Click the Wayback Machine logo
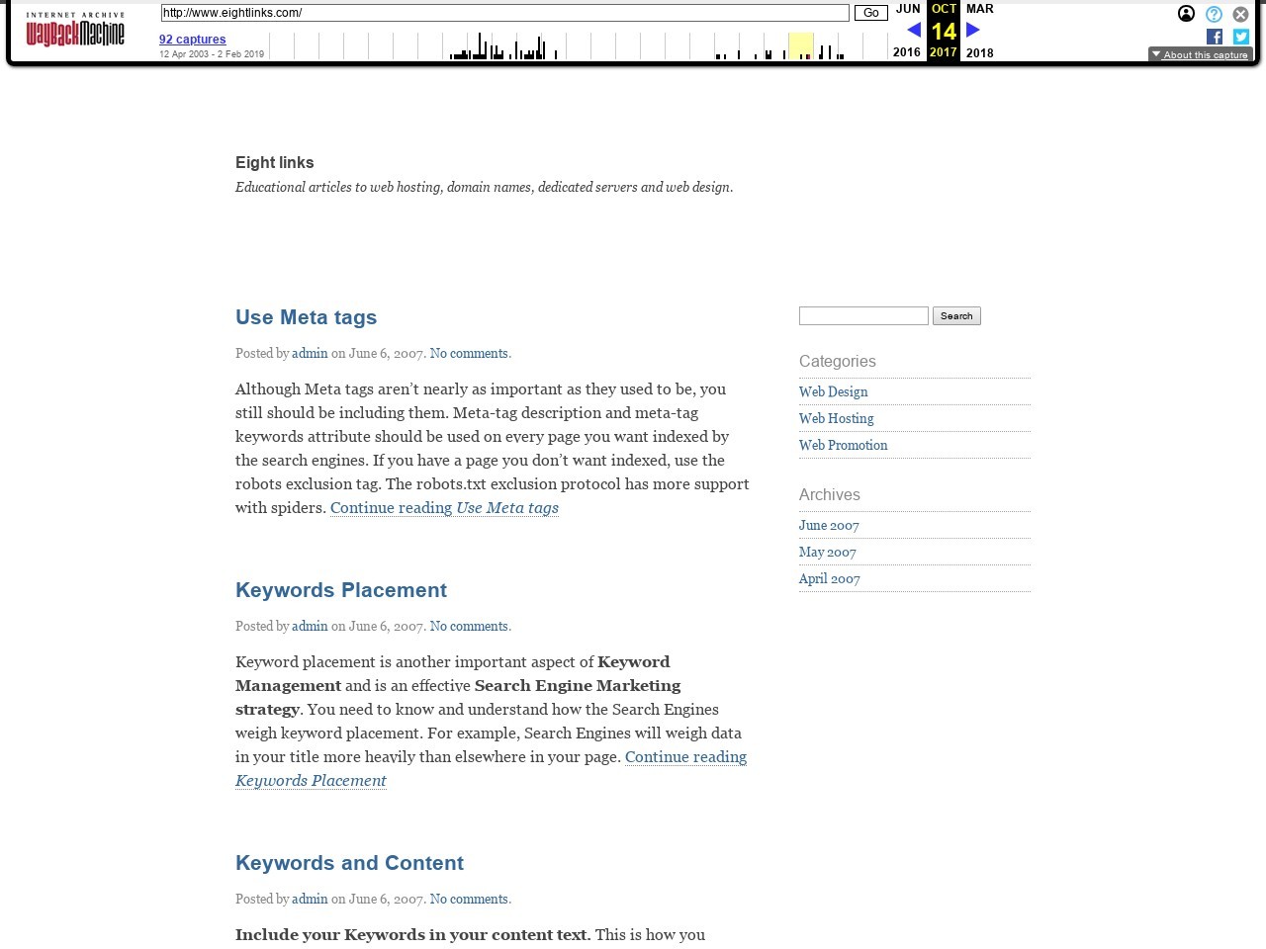coord(75,31)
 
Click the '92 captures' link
coord(192,40)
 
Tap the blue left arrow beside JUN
coord(914,31)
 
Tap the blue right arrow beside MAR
coord(973,31)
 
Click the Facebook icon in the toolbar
coord(1215,37)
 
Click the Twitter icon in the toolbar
coord(1240,37)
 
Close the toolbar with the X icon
coord(1240,14)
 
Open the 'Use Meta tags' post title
coord(306,317)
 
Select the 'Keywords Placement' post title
coord(340,590)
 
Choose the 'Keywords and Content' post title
coord(349,863)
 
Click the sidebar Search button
coord(956,316)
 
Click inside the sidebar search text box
coord(863,316)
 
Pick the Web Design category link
coord(833,392)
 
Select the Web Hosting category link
coord(836,419)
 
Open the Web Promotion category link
coord(843,446)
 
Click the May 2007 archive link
coord(827,553)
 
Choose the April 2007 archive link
coord(829,579)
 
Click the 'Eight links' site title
coord(274,163)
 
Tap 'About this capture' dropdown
coord(1200,55)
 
